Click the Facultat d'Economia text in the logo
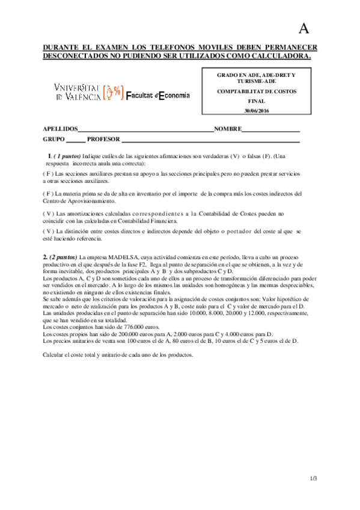158,95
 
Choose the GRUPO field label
53,140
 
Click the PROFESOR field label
103,140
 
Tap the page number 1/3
313,478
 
